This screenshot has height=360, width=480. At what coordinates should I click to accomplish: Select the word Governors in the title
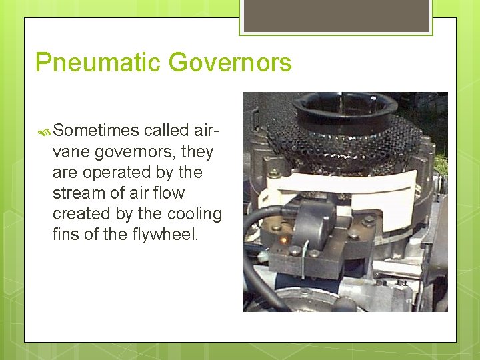[x=230, y=63]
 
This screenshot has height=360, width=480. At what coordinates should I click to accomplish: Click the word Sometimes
[x=96, y=131]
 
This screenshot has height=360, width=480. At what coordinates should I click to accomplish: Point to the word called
[x=166, y=131]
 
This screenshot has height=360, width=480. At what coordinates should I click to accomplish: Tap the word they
[x=197, y=151]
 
